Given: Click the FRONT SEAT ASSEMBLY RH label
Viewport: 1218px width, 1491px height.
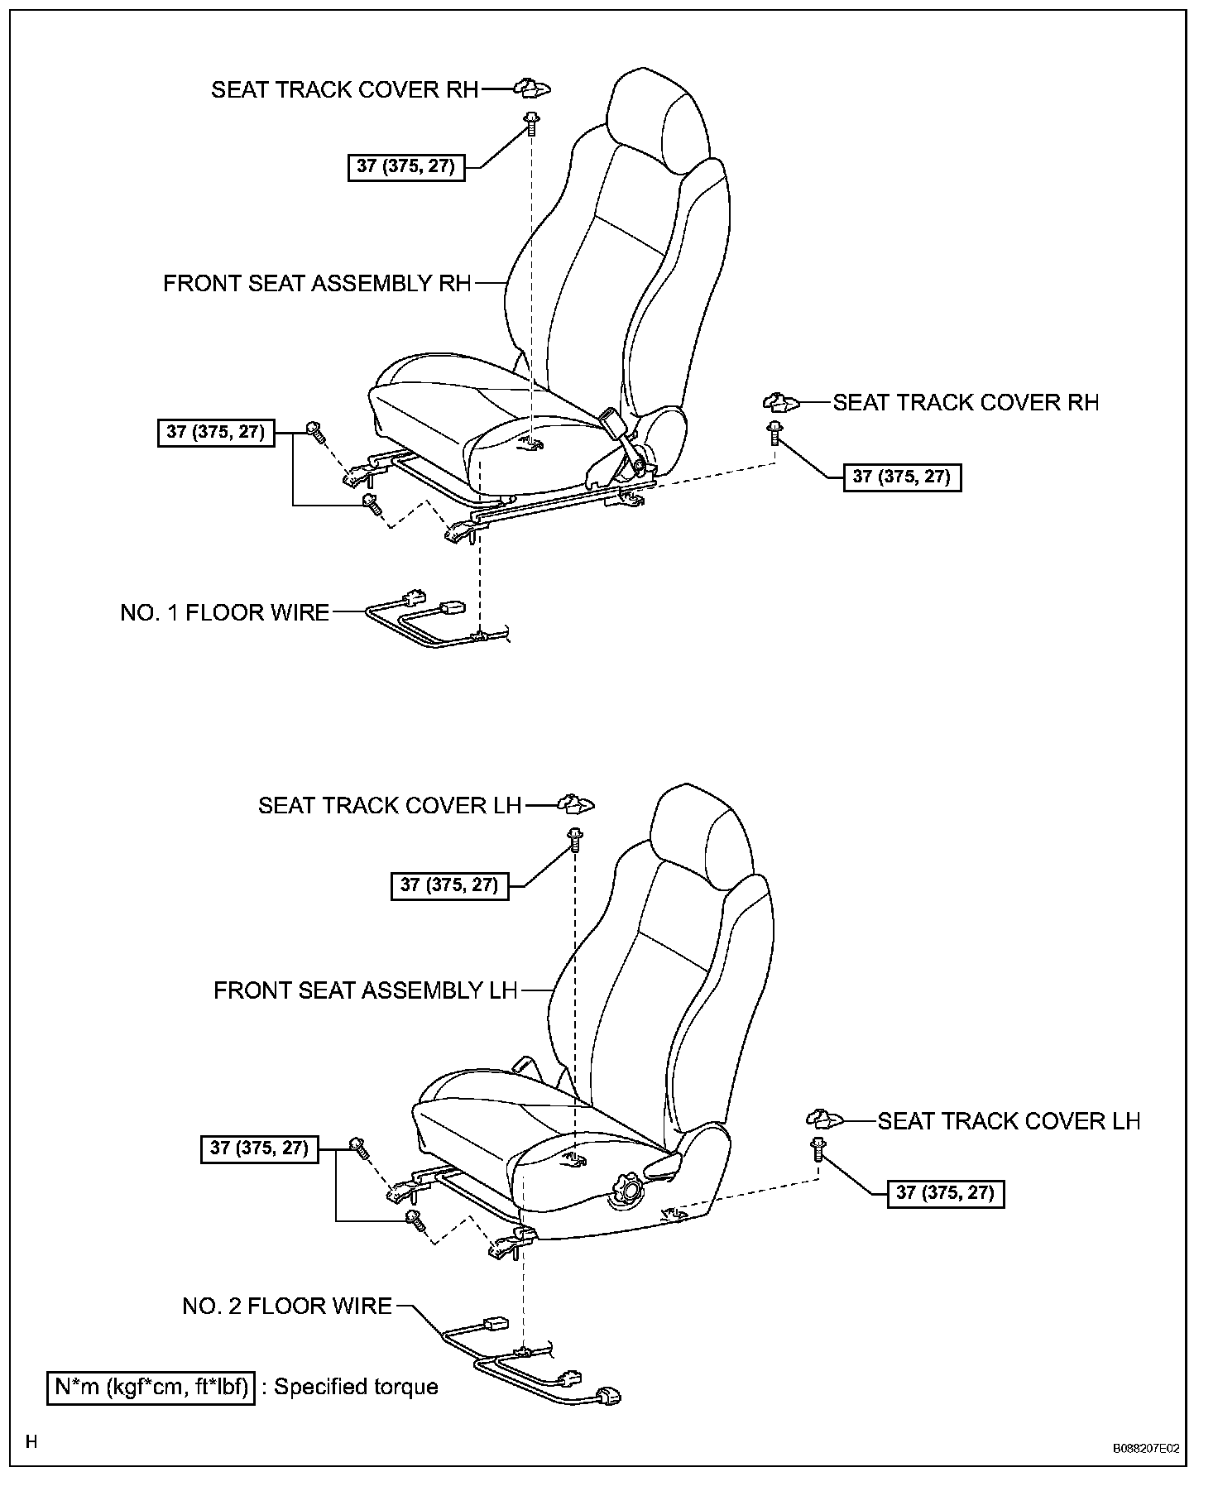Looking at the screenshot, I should [x=317, y=284].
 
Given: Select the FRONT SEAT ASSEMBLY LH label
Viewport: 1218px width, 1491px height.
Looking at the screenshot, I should [x=365, y=990].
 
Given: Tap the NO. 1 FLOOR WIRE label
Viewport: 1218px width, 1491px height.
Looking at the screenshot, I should [x=224, y=613].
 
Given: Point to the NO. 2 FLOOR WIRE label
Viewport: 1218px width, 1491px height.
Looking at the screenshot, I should [x=287, y=1306].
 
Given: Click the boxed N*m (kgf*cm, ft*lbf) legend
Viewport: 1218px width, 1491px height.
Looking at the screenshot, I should [x=151, y=1388].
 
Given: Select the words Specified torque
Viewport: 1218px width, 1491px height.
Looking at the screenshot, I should [x=356, y=1388].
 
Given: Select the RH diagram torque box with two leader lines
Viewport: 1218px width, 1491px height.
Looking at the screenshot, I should [x=216, y=432].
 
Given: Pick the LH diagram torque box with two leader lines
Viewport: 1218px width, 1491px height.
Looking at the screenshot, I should [x=259, y=1148].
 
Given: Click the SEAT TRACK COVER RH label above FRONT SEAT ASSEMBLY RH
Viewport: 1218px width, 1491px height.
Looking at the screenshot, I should [x=345, y=89].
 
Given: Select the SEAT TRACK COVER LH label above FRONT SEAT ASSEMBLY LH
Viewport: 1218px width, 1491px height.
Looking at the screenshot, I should [x=390, y=805].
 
